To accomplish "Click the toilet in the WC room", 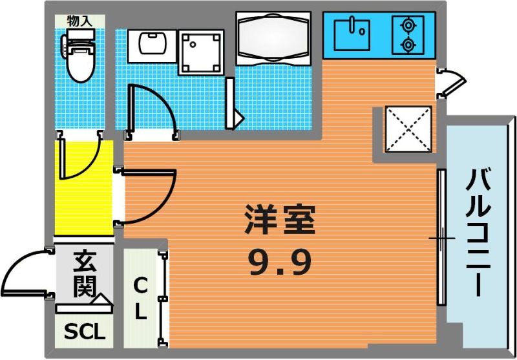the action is coord(79,55).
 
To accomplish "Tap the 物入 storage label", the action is coord(79,21).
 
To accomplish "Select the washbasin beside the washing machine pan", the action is coord(152,46).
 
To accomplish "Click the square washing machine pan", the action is coord(201,52).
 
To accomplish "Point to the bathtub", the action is coord(273,38).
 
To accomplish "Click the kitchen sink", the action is coord(352,35).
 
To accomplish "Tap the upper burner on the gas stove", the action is coord(408,25).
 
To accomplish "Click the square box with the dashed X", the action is coord(408,129).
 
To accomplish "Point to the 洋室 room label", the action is coord(280,220).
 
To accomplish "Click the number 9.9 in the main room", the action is coord(280,262).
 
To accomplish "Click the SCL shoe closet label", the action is coord(85,332).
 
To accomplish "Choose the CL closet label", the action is coord(141,299).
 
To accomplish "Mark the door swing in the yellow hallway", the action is coord(90,165).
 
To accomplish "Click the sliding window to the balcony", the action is coord(441,237).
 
